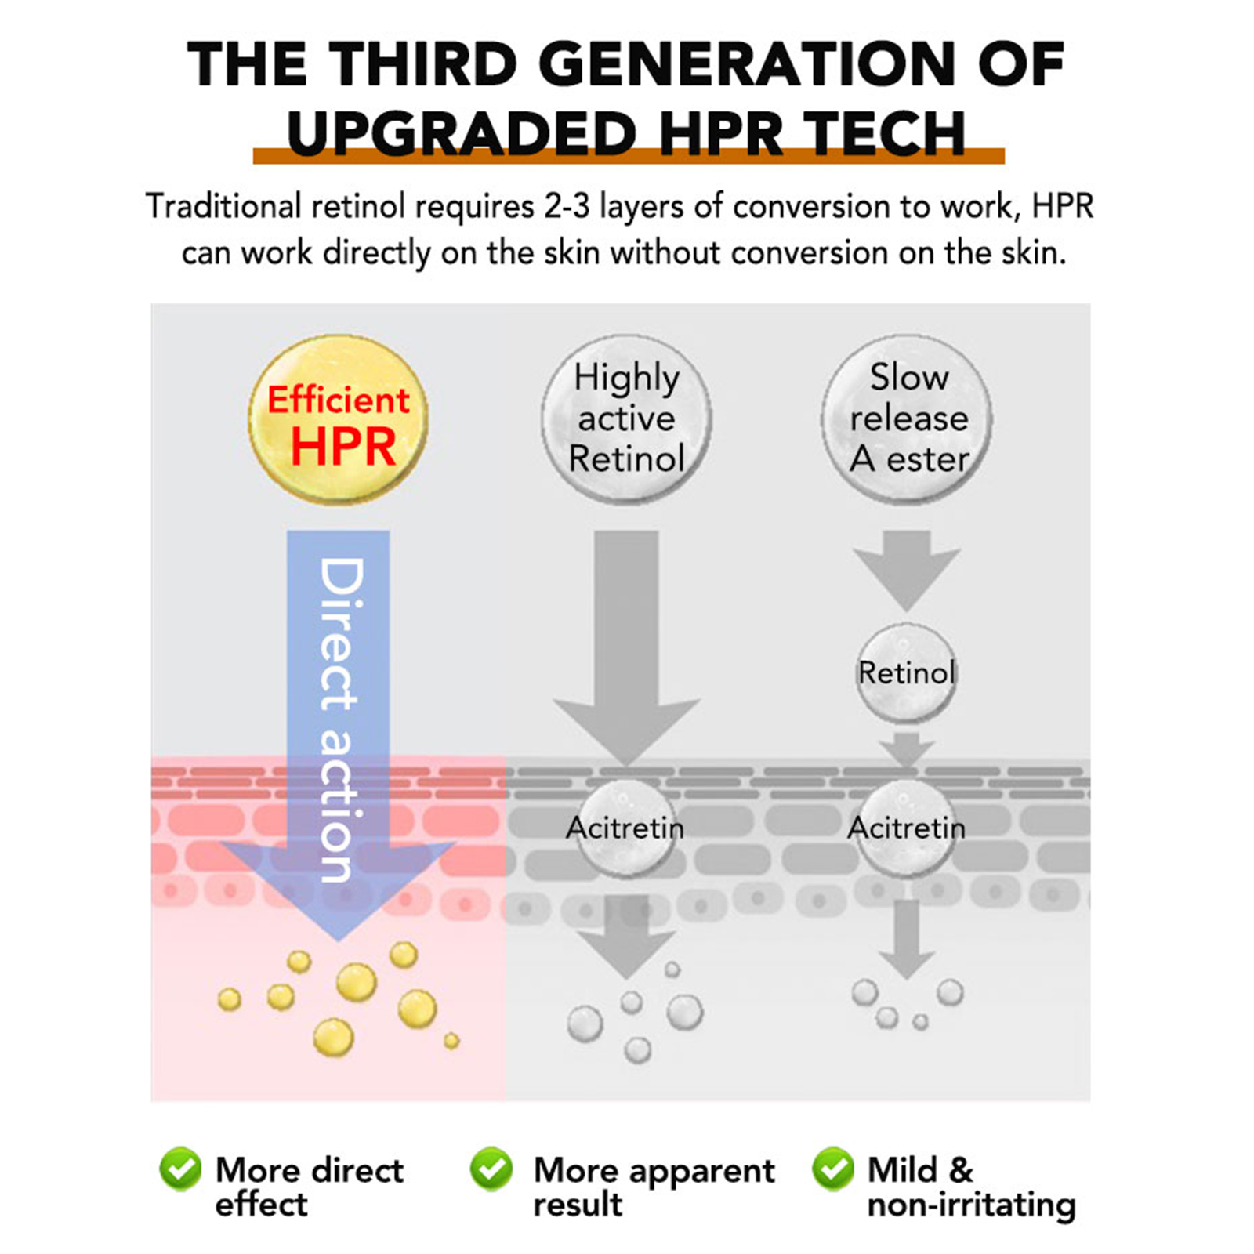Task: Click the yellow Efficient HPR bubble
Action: pyautogui.click(x=339, y=419)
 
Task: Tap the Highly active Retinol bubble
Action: pyautogui.click(x=626, y=419)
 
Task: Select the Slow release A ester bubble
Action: pyautogui.click(x=908, y=419)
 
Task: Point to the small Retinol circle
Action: pyautogui.click(x=907, y=672)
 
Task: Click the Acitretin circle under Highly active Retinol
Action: pyautogui.click(x=625, y=828)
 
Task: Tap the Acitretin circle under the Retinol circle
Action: pyautogui.click(x=907, y=828)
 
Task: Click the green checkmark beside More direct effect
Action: pyautogui.click(x=180, y=1169)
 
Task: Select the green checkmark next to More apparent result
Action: pyautogui.click(x=491, y=1169)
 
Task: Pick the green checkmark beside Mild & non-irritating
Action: pyautogui.click(x=833, y=1169)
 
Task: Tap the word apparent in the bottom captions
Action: pyautogui.click(x=701, y=1172)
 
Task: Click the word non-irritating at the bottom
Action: pyautogui.click(x=971, y=1205)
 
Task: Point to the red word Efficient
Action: pyautogui.click(x=339, y=400)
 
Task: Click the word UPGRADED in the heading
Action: pyautogui.click(x=461, y=133)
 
